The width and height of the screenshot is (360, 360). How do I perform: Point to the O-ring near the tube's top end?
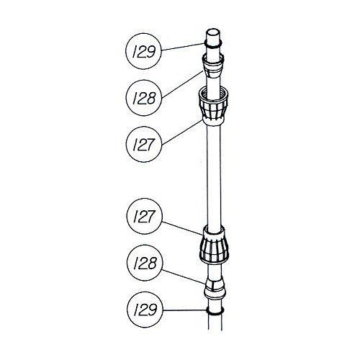pos(213,45)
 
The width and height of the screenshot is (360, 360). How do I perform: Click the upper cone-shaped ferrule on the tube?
pos(213,66)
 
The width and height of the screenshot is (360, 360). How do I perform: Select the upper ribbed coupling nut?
pos(213,105)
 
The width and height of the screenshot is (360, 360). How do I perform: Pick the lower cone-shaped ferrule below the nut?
pos(215,287)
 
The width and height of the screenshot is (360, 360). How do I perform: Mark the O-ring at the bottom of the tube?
pos(215,312)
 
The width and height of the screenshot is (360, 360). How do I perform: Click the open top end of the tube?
pos(213,32)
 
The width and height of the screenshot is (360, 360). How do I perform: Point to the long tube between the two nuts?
pos(214,175)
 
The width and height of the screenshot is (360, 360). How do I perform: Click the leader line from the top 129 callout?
pos(183,47)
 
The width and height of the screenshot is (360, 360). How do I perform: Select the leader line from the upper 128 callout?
pos(182,84)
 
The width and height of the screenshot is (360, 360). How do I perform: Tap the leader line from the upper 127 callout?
pos(182,132)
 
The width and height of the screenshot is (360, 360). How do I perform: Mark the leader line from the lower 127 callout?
pos(182,228)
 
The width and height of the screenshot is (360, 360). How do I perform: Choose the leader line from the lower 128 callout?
pos(184,276)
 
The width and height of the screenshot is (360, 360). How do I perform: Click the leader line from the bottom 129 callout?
pos(184,310)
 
